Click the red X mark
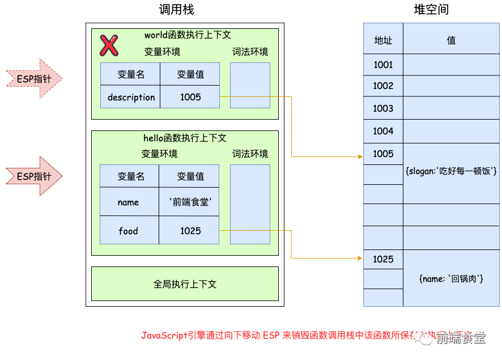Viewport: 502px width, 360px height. [x=109, y=45]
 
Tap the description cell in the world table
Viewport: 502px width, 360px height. [x=131, y=97]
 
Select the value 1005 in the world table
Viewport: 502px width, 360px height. [x=190, y=97]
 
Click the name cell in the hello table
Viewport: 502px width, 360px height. [x=129, y=202]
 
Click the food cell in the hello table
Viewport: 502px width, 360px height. [x=129, y=231]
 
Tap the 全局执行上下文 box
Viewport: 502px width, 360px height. [x=185, y=284]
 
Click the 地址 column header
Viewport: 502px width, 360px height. [x=383, y=40]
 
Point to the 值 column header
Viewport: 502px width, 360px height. [x=451, y=40]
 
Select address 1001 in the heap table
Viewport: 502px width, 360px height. [x=383, y=65]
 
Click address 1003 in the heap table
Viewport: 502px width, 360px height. [x=383, y=108]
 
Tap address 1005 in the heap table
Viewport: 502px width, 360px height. [x=383, y=154]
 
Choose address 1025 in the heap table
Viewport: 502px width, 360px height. [x=383, y=259]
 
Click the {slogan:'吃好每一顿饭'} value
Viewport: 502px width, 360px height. [x=451, y=171]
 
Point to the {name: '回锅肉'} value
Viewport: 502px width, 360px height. [x=451, y=278]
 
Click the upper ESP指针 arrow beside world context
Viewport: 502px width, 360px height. [x=33, y=79]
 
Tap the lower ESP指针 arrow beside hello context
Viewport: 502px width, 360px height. [x=33, y=176]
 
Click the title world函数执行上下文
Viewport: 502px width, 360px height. [x=188, y=35]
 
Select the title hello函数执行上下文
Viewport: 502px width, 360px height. [x=185, y=138]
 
